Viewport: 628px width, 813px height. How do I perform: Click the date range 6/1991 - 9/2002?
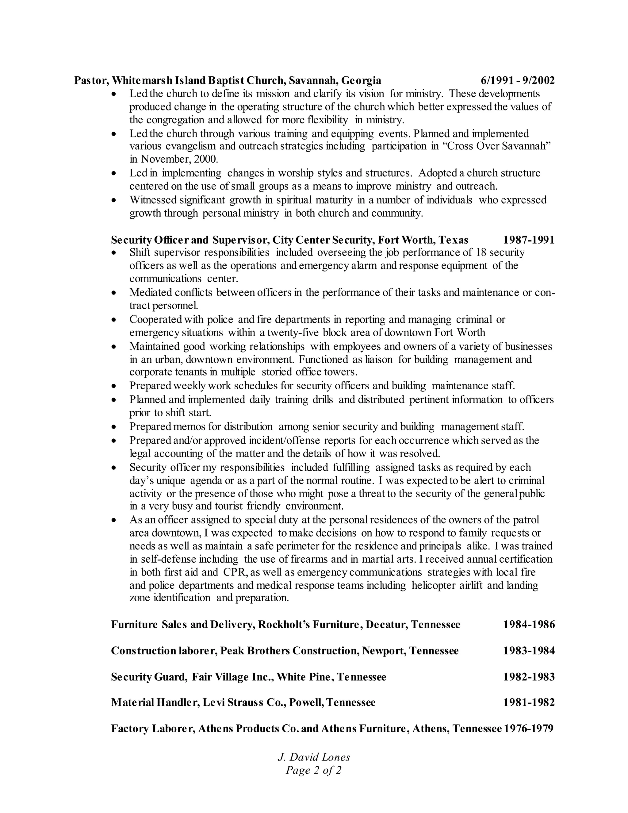517,80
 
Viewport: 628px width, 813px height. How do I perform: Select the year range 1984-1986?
529,624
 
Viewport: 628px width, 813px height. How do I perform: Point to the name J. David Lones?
314,757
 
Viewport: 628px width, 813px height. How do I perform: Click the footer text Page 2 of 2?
314,770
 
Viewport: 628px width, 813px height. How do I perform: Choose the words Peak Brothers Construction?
289,651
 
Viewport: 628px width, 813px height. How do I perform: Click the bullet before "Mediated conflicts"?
114,293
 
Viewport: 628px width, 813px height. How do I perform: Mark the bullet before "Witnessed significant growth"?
114,200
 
